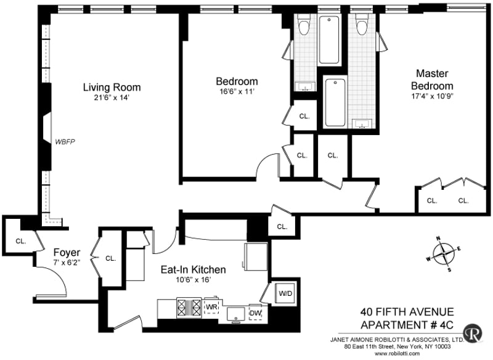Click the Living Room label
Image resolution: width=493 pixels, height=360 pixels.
click(112, 87)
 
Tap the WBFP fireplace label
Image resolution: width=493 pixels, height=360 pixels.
click(65, 142)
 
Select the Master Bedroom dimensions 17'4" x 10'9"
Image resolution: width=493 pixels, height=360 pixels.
click(432, 96)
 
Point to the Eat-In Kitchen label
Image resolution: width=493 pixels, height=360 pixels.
click(193, 269)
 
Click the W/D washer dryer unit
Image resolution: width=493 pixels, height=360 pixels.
click(285, 293)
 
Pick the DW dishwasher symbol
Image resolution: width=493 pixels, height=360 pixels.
click(255, 312)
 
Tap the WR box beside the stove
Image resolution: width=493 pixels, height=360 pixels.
click(211, 306)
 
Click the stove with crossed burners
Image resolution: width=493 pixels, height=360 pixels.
click(189, 308)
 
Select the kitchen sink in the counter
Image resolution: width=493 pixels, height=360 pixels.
click(236, 315)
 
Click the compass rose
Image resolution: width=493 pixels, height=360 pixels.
click(443, 253)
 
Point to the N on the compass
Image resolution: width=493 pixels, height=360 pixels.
click(438, 239)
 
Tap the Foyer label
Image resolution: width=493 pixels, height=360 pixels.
click(67, 252)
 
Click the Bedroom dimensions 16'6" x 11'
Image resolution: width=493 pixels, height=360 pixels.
click(237, 92)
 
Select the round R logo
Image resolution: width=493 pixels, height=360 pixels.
click(473, 333)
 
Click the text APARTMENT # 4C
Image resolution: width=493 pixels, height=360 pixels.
click(407, 325)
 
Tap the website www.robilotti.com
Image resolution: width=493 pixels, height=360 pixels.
click(397, 353)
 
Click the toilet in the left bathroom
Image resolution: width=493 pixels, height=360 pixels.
click(304, 25)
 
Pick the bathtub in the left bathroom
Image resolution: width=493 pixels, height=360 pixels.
click(329, 40)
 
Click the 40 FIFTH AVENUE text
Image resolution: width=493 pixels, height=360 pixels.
click(407, 311)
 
